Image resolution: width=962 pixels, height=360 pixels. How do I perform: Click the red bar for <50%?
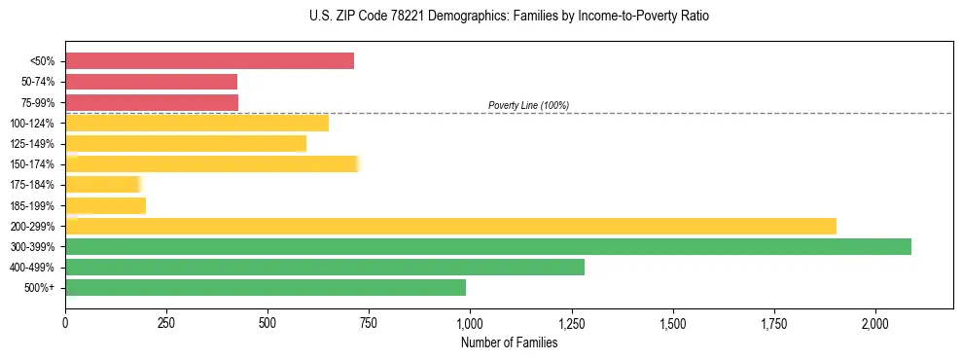point(209,61)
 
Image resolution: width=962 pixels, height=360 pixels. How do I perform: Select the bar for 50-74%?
point(151,82)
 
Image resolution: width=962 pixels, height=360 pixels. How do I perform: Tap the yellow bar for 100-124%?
point(196,123)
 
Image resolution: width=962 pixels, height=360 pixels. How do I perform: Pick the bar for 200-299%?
point(450,226)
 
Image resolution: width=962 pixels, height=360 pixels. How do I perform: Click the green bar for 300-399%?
point(488,246)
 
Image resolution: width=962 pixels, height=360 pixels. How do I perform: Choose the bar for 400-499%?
point(325,267)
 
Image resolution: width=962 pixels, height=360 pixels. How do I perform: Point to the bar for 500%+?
point(266,287)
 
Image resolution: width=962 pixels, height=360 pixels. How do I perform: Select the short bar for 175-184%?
point(103,184)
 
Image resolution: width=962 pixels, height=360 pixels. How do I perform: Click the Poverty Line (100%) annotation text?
point(528,105)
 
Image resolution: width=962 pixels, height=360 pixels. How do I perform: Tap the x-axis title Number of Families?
point(509,342)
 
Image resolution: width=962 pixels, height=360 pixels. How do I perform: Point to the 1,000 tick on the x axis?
point(470,324)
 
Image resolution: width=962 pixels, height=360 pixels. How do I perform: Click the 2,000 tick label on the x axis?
point(875,324)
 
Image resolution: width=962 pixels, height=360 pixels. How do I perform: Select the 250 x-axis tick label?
point(166,324)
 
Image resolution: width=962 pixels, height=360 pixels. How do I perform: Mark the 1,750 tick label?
point(774,324)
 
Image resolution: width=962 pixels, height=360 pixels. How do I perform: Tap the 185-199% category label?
point(35,205)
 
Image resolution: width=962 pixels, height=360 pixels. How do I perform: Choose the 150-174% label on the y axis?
point(35,164)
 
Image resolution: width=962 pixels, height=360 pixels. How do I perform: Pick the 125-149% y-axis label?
point(35,144)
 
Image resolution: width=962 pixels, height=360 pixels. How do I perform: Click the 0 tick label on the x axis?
point(65,324)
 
